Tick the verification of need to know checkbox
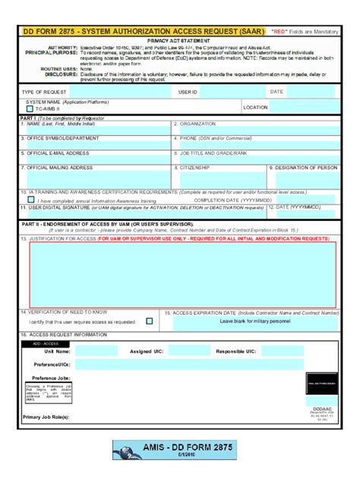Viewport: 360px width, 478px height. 149,321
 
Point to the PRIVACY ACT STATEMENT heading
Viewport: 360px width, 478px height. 180,37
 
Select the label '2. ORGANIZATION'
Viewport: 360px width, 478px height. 197,124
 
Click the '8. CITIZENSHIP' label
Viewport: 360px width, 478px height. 194,167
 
